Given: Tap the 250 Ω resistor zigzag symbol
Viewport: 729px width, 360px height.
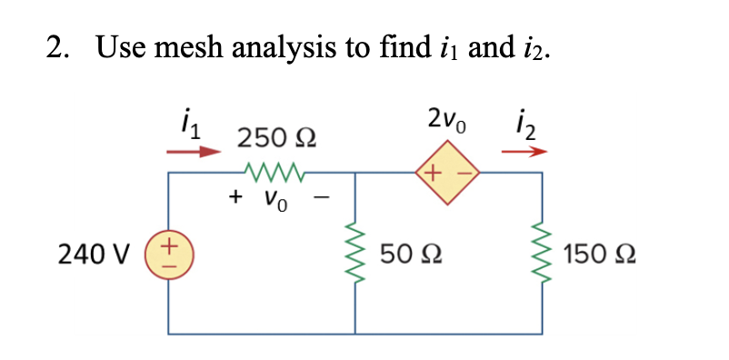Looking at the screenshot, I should pos(276,169).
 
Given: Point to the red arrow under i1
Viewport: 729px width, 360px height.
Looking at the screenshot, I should pos(192,151).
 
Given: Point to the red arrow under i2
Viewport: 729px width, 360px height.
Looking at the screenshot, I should pos(524,151).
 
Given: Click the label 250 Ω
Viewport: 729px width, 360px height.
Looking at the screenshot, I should pos(276,138).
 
